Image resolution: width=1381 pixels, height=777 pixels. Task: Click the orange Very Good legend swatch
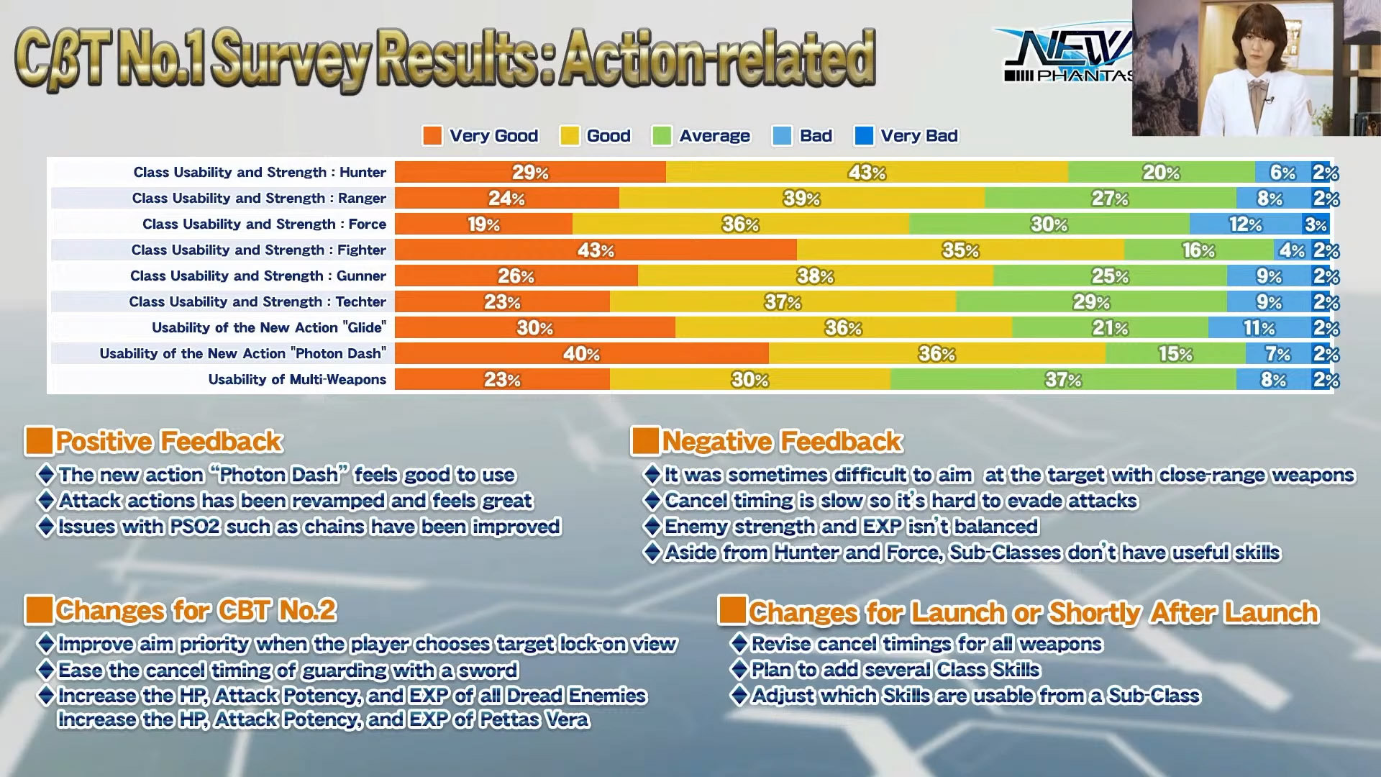pyautogui.click(x=432, y=136)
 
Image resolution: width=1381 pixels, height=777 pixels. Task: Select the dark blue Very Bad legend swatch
pyautogui.click(x=864, y=136)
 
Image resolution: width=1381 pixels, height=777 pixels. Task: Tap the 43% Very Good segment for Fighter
pyautogui.click(x=596, y=250)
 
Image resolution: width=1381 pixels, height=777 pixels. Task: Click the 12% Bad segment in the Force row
pyautogui.click(x=1245, y=224)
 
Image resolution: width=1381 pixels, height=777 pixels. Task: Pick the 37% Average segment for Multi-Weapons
pyautogui.click(x=1063, y=380)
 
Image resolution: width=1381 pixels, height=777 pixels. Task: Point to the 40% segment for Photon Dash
pyautogui.click(x=581, y=354)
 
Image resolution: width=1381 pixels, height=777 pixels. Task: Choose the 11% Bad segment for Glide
pyautogui.click(x=1259, y=328)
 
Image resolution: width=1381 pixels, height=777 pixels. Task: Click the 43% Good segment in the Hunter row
pyautogui.click(x=867, y=173)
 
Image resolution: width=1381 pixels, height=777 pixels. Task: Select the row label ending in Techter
pyautogui.click(x=257, y=302)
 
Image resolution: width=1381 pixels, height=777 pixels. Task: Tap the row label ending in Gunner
pyautogui.click(x=257, y=276)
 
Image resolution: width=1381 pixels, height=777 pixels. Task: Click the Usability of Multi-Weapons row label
pyautogui.click(x=297, y=380)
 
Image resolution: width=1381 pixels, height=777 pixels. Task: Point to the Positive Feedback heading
pyautogui.click(x=169, y=441)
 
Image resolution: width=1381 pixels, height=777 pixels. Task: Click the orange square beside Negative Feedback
pyautogui.click(x=644, y=441)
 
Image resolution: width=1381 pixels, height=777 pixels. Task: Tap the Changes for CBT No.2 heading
pyautogui.click(x=196, y=610)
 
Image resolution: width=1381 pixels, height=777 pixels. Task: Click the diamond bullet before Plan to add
pyautogui.click(x=739, y=670)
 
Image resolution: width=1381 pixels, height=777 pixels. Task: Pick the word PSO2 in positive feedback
pyautogui.click(x=195, y=527)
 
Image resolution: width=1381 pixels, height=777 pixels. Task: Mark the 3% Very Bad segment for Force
pyautogui.click(x=1316, y=224)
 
